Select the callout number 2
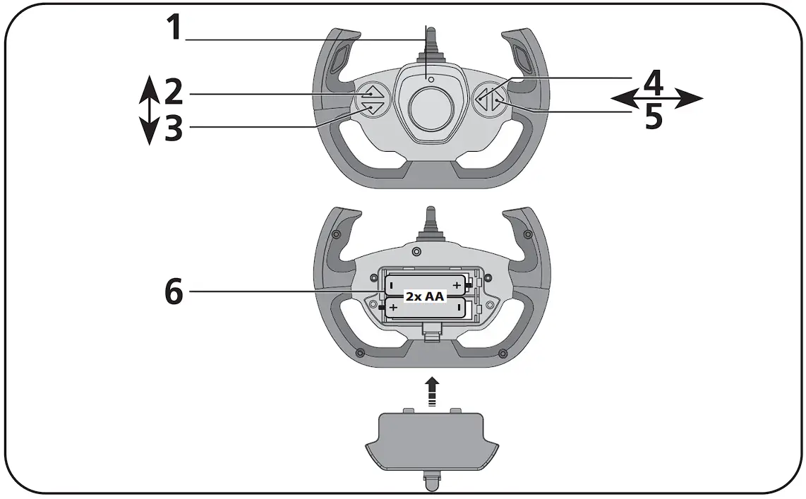pyautogui.click(x=174, y=92)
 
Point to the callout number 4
pyautogui.click(x=654, y=83)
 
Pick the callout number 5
pyautogui.click(x=654, y=117)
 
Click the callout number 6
pyautogui.click(x=174, y=291)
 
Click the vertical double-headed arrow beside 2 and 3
pyautogui.click(x=148, y=110)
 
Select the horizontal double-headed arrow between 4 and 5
pyautogui.click(x=656, y=100)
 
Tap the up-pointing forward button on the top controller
pyautogui.click(x=369, y=92)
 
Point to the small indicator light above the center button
pyautogui.click(x=429, y=79)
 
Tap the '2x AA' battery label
pyautogui.click(x=424, y=296)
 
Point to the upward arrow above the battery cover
pyautogui.click(x=432, y=390)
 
